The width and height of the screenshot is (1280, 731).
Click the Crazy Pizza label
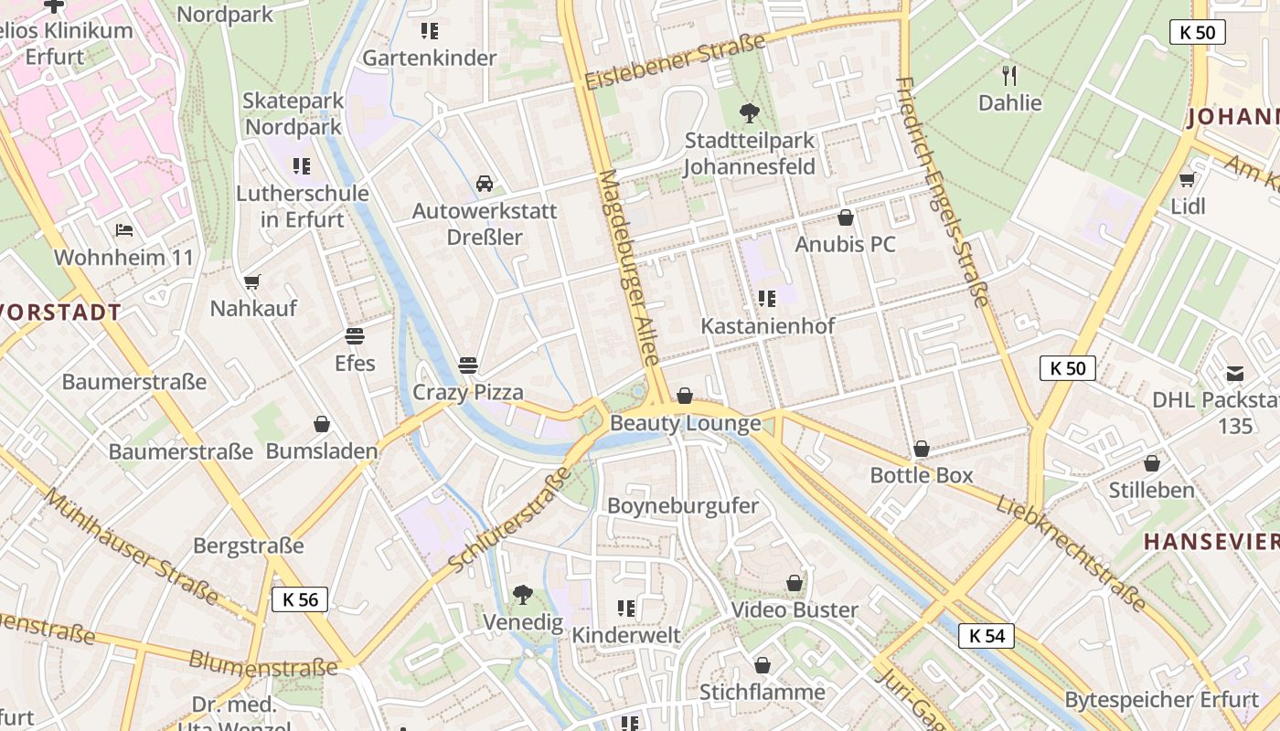pyautogui.click(x=468, y=392)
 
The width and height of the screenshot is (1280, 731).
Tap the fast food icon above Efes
pyautogui.click(x=355, y=336)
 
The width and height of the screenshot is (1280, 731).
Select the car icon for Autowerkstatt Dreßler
pyautogui.click(x=485, y=184)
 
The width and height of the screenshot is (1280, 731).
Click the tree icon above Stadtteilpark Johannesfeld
pyautogui.click(x=750, y=113)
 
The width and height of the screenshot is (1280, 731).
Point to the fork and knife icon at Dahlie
pyautogui.click(x=1009, y=75)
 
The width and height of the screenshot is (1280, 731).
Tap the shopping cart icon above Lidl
pyautogui.click(x=1188, y=179)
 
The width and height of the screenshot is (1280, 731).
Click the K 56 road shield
pyautogui.click(x=299, y=599)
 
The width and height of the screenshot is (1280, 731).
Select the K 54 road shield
pyautogui.click(x=987, y=635)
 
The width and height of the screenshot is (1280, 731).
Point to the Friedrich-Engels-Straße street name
pyautogui.click(x=944, y=192)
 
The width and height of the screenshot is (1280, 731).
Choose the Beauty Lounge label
pyautogui.click(x=685, y=423)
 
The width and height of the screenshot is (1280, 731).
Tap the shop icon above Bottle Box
pyautogui.click(x=922, y=449)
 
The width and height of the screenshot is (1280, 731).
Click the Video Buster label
pyautogui.click(x=795, y=609)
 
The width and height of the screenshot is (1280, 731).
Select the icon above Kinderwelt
pyautogui.click(x=626, y=608)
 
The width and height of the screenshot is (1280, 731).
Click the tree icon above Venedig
pyautogui.click(x=522, y=595)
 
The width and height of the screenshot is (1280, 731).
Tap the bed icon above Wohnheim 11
pyautogui.click(x=124, y=229)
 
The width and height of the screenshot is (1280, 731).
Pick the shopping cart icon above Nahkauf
pyautogui.click(x=252, y=281)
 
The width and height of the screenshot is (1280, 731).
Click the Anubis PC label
pyautogui.click(x=845, y=244)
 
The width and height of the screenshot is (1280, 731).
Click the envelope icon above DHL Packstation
pyautogui.click(x=1235, y=373)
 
